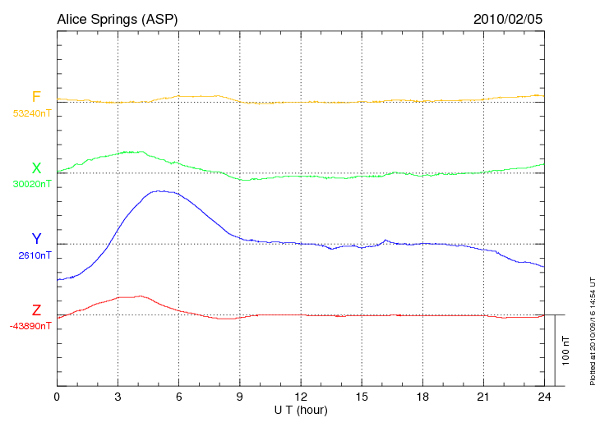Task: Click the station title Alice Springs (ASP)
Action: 117,18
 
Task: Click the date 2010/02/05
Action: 508,18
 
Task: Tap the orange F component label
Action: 36,98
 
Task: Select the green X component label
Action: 36,169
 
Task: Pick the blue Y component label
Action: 36,240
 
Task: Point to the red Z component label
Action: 36,310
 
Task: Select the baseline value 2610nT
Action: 35,255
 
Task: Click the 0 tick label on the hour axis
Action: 57,397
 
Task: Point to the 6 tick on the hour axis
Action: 178,397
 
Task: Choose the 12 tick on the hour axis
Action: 301,397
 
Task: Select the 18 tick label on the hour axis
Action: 422,397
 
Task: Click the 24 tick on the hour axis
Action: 544,397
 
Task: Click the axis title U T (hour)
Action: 301,409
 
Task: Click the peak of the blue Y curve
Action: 164,191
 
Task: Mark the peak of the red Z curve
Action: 141,296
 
